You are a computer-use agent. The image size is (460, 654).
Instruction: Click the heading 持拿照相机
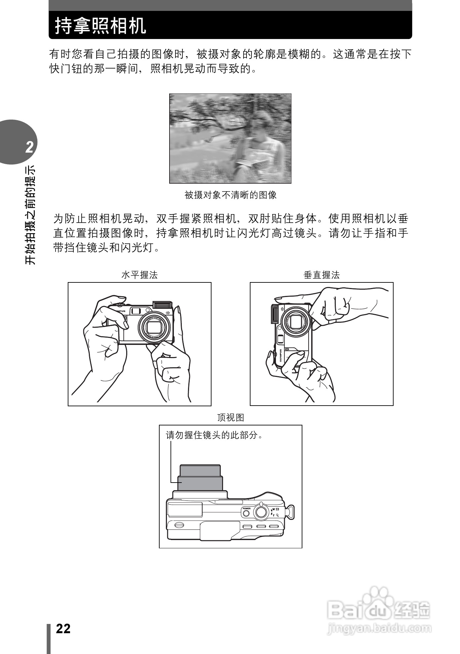pyautogui.click(x=100, y=26)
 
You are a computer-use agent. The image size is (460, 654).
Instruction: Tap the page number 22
pyautogui.click(x=63, y=629)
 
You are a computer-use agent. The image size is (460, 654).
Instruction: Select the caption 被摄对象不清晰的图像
pyautogui.click(x=230, y=195)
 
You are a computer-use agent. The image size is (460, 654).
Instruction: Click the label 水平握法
pyautogui.click(x=139, y=275)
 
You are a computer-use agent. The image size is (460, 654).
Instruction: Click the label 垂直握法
pyautogui.click(x=322, y=275)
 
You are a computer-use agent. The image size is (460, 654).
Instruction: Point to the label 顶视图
pyautogui.click(x=230, y=418)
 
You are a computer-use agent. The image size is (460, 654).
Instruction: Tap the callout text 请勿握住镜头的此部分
pyautogui.click(x=214, y=435)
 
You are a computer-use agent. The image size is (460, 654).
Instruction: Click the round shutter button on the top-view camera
pyautogui.click(x=261, y=512)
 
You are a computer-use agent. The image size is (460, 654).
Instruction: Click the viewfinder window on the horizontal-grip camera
pyautogui.click(x=135, y=311)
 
